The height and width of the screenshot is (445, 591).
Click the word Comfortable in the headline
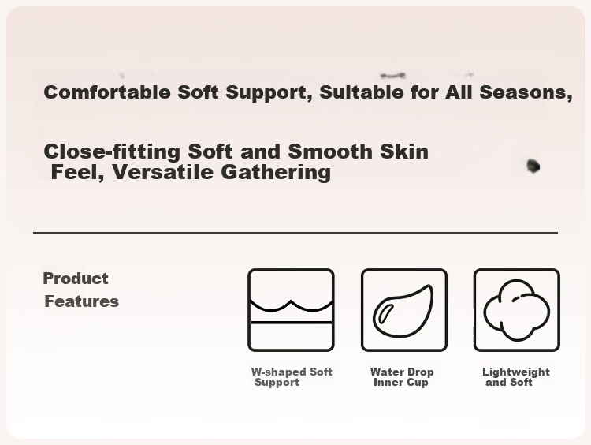coord(107,92)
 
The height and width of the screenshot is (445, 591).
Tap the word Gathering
coord(276,173)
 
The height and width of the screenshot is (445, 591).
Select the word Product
coord(76,279)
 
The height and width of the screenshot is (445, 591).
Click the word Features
coord(81,301)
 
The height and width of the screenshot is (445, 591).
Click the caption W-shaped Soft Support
coord(292,377)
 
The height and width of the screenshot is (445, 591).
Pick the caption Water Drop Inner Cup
coord(402,377)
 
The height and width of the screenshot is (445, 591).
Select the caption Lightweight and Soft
coord(516,377)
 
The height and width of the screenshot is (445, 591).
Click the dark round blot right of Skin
coord(533,166)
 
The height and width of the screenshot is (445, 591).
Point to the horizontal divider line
coord(295,233)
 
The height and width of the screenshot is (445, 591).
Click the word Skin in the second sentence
coord(404,151)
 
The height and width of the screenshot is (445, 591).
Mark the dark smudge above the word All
coord(393,76)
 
